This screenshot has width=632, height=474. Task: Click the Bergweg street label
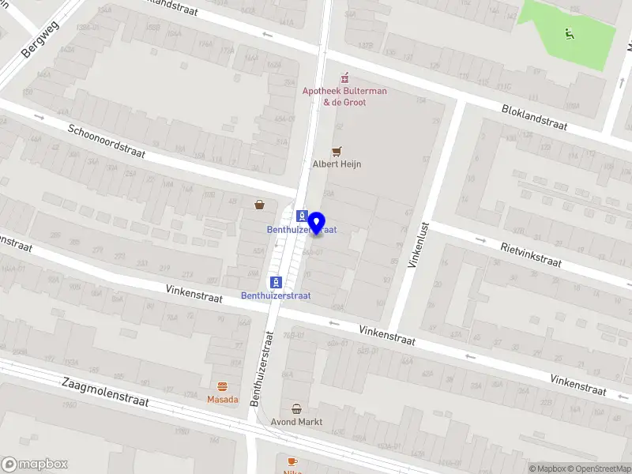pos(41,38)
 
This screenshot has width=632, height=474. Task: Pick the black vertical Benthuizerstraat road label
pos(262,369)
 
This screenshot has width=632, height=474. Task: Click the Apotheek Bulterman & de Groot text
pos(344,96)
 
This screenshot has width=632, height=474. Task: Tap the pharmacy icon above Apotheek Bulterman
pos(344,78)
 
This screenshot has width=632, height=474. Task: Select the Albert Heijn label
pos(337,164)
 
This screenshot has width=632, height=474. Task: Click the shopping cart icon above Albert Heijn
pos(337,151)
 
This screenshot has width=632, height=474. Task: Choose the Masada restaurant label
pos(223,400)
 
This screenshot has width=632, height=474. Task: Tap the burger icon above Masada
pos(223,386)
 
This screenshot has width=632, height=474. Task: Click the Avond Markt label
pos(296,422)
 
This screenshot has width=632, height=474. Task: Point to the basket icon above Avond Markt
pos(296,408)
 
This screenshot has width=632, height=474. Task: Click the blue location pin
pos(318,224)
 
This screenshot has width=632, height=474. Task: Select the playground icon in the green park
pos(568,33)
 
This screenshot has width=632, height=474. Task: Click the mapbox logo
pos(35,464)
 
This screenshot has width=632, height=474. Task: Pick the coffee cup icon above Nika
pos(292,461)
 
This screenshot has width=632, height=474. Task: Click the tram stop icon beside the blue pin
pos(301,216)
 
